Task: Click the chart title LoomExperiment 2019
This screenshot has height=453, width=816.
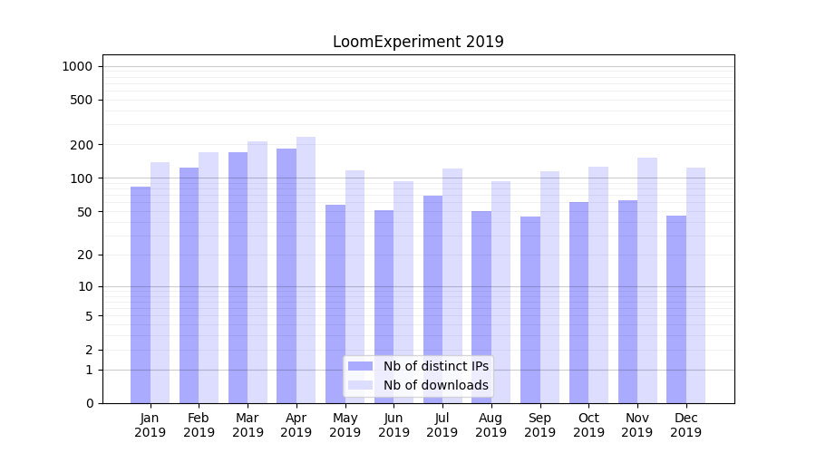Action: coord(418,42)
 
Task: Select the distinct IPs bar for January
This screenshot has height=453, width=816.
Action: coord(141,294)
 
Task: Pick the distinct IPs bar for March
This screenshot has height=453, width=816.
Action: coord(238,277)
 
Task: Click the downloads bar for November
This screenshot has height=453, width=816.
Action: coord(647,280)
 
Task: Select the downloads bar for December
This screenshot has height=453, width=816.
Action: coord(695,285)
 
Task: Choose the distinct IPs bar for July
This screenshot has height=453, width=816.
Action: coord(432,299)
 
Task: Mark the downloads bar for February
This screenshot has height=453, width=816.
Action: coord(209,277)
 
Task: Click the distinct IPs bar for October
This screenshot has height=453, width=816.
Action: coord(578,303)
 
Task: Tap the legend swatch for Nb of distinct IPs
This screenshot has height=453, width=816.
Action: coord(361,366)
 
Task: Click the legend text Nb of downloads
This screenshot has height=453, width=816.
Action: coord(436,385)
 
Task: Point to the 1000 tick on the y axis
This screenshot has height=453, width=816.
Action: coord(77,66)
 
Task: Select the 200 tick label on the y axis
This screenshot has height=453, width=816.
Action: coord(82,145)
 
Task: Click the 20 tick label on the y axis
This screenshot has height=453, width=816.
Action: coord(84,255)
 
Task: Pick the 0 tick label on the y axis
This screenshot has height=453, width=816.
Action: coord(89,403)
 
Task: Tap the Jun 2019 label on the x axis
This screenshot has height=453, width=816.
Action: coord(393,425)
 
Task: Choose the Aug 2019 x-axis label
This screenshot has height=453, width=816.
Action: coord(491,425)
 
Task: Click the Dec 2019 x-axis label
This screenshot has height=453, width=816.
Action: coord(685,425)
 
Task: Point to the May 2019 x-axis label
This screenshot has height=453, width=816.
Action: coord(345,425)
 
